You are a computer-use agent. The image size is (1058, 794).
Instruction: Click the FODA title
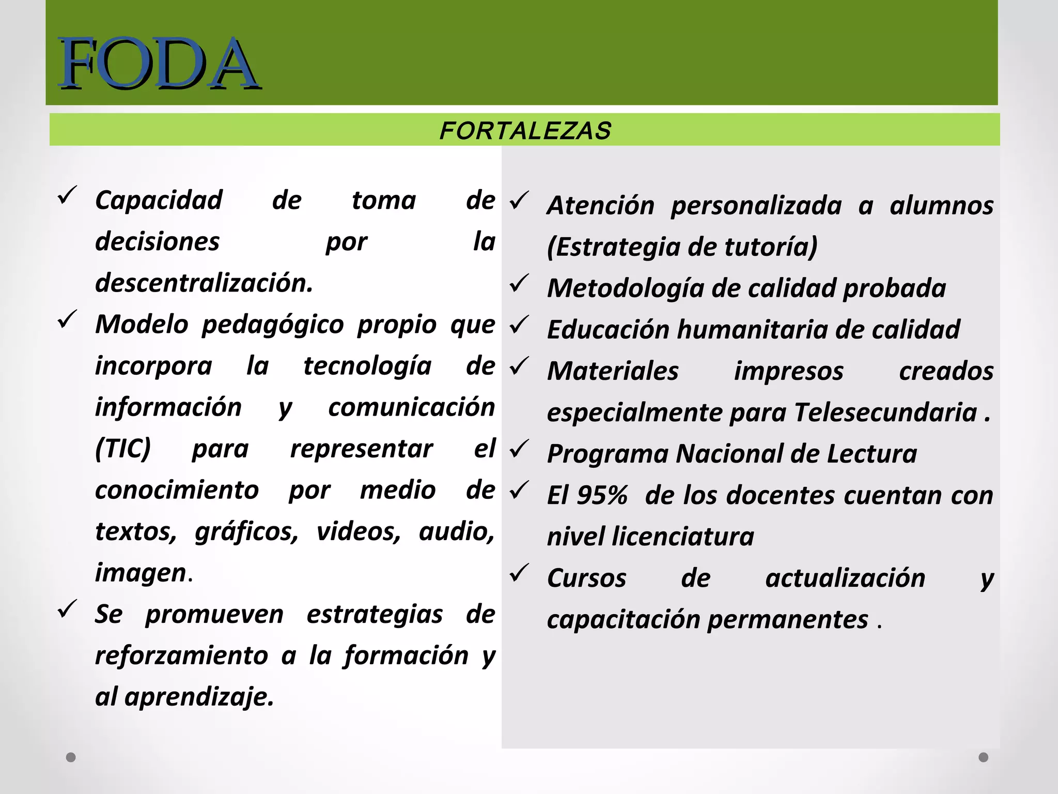click(159, 63)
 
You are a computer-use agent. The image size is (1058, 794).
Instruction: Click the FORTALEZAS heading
click(525, 130)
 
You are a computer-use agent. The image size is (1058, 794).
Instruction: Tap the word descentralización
click(204, 283)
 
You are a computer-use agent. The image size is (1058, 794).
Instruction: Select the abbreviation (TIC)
click(123, 448)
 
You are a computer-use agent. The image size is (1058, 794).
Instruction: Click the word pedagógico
click(272, 325)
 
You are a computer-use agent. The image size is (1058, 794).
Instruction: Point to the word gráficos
click(246, 531)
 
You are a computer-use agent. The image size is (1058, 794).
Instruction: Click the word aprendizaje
click(199, 697)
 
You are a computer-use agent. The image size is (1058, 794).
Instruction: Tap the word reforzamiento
click(181, 655)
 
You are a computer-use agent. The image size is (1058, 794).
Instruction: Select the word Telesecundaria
click(885, 413)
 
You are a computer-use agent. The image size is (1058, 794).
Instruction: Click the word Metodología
click(625, 288)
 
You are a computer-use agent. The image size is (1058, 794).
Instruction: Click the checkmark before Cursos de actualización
click(519, 572)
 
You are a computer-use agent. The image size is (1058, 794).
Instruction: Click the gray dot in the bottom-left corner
click(71, 757)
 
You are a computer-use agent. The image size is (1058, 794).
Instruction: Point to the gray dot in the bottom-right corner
click(984, 757)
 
